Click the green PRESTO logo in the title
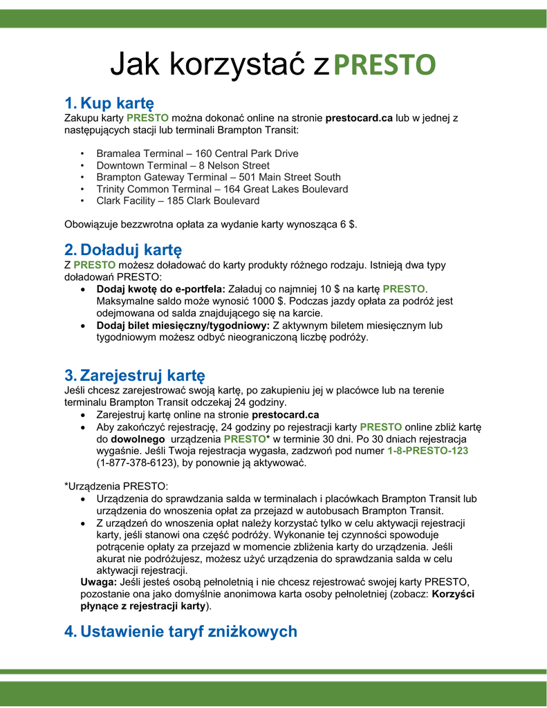click(384, 64)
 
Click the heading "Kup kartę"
click(117, 104)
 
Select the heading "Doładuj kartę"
click(131, 250)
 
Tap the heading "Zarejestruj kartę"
click(142, 375)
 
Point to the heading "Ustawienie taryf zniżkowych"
click(189, 631)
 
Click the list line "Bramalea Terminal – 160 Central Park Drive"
click(197, 153)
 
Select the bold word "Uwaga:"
click(99, 581)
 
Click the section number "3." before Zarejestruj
click(71, 375)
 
